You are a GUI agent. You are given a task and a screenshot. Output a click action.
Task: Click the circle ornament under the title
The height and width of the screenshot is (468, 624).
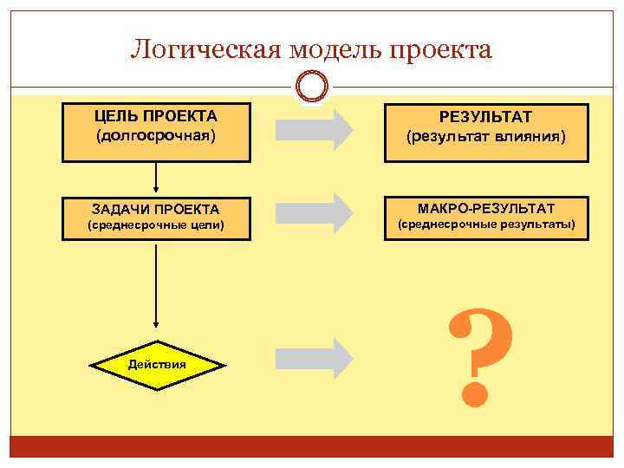click(x=312, y=87)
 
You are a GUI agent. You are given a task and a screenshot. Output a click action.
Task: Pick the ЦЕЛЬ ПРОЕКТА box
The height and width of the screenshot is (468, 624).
click(x=156, y=133)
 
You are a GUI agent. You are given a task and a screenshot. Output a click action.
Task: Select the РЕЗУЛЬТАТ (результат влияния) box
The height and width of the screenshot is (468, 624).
click(x=486, y=133)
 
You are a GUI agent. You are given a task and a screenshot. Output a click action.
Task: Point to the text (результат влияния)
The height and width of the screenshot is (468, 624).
click(x=486, y=137)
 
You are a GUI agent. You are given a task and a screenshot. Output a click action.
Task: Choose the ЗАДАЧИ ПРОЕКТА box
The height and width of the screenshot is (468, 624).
click(x=156, y=217)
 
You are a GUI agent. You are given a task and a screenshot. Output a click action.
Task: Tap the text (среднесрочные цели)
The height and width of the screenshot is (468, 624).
click(x=156, y=225)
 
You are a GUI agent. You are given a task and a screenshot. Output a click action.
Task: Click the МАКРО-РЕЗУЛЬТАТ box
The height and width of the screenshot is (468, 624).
click(x=486, y=216)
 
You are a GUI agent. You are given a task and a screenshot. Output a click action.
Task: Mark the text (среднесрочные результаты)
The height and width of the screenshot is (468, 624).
click(x=486, y=225)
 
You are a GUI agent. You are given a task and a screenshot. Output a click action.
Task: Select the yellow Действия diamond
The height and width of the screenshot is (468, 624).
click(x=156, y=363)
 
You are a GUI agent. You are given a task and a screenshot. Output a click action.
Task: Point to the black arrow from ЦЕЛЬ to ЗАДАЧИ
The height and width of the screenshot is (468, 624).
click(x=156, y=177)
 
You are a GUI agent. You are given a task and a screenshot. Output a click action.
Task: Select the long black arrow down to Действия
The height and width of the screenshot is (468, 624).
click(x=156, y=286)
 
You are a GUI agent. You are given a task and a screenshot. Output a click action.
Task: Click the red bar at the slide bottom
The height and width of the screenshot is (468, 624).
click(x=312, y=446)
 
